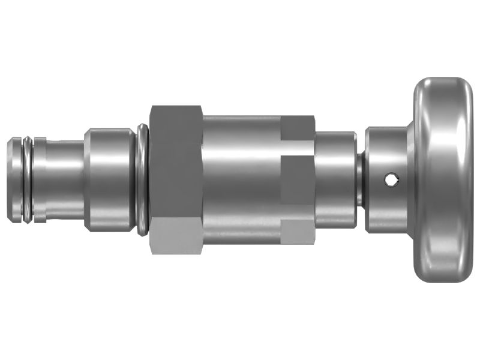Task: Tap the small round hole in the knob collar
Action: click(391, 178)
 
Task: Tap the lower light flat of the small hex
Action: click(298, 232)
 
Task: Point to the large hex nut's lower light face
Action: click(176, 237)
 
